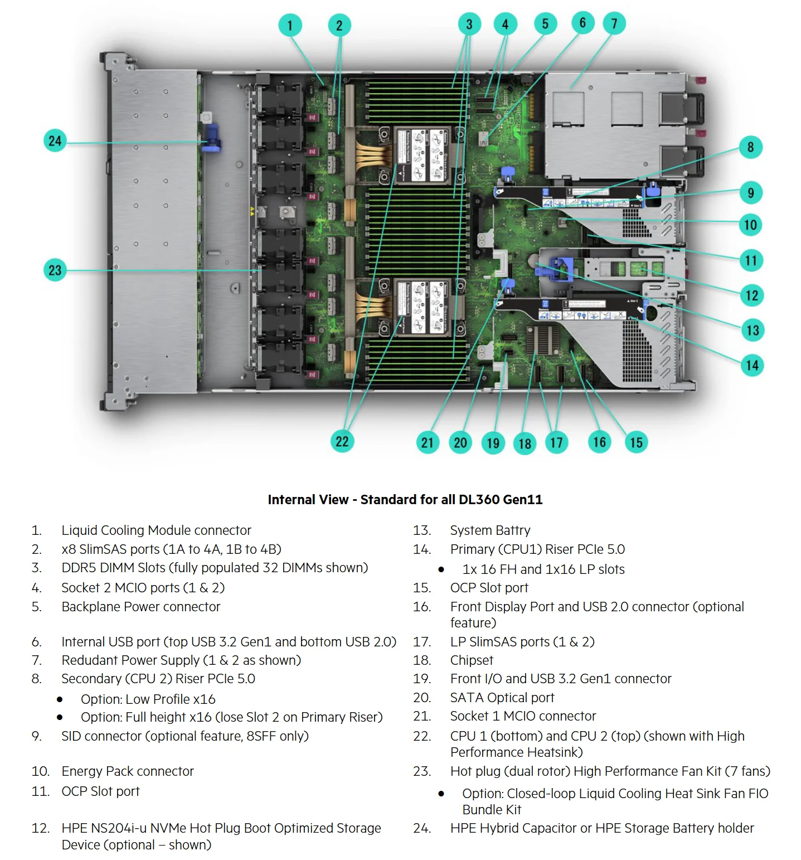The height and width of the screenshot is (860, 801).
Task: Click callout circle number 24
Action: tap(55, 141)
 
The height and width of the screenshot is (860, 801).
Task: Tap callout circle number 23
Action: tap(55, 270)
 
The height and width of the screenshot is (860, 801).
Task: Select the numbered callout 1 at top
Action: tap(290, 25)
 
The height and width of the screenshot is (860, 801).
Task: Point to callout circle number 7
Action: tap(614, 23)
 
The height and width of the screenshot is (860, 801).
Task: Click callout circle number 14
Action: tap(752, 365)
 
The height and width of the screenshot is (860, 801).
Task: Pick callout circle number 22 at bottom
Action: tap(342, 442)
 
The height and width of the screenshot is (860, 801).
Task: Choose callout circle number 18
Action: tap(525, 444)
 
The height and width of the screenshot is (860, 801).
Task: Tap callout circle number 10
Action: tap(751, 225)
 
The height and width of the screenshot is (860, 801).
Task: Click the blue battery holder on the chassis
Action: tap(211, 138)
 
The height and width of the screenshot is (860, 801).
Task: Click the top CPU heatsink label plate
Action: tap(421, 156)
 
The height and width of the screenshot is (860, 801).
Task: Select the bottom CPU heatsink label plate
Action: tap(421, 308)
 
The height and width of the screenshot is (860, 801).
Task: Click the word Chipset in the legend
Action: tap(472, 660)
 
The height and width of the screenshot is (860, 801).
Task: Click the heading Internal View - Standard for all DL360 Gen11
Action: tap(405, 499)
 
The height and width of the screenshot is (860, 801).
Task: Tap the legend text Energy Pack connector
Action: tap(128, 771)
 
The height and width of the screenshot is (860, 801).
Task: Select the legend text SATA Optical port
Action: tap(502, 698)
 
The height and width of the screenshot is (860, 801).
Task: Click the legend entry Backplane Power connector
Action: tap(141, 607)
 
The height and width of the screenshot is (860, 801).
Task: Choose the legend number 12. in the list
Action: tap(41, 828)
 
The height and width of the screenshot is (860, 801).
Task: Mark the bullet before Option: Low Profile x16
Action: tap(60, 699)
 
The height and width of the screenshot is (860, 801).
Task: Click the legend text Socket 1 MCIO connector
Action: tap(523, 716)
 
